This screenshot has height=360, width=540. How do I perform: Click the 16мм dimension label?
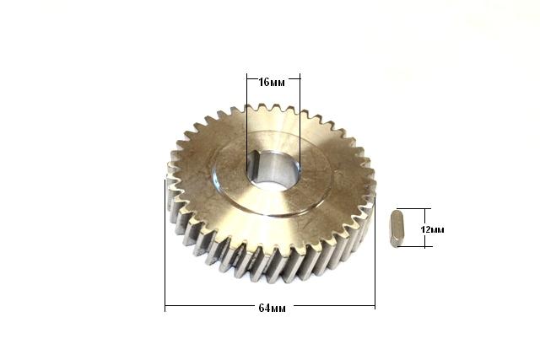[272, 83]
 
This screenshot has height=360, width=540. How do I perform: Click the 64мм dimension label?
[272, 308]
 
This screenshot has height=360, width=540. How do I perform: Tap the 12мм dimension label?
[433, 229]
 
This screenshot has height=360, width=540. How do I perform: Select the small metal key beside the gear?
[397, 228]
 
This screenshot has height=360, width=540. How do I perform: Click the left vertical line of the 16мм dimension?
[247, 122]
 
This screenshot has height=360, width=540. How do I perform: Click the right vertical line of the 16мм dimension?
[300, 122]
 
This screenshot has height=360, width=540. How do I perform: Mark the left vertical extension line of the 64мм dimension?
[165, 245]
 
